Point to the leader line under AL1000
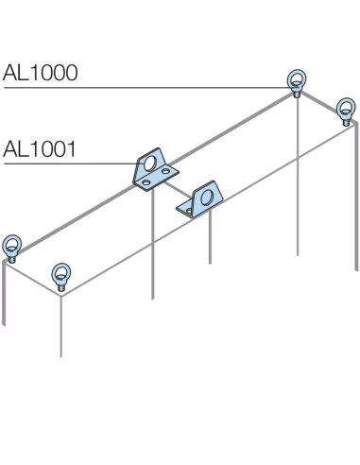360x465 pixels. click(142, 88)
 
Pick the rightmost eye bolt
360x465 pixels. click(345, 109)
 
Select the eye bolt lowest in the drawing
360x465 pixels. click(62, 277)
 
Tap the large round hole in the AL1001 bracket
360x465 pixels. click(152, 164)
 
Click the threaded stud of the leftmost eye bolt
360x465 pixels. click(13, 258)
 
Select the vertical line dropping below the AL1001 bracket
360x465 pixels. click(152, 246)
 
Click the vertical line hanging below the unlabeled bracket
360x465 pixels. click(210, 241)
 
